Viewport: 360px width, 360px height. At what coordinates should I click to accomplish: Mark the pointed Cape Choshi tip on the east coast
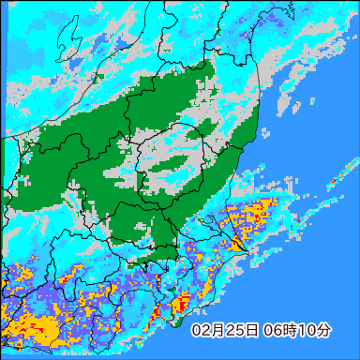(246, 247)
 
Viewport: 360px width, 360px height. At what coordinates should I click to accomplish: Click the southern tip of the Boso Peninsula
(176, 322)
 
